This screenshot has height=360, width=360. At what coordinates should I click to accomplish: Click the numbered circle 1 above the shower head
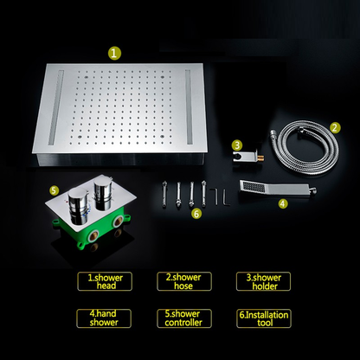[115, 53]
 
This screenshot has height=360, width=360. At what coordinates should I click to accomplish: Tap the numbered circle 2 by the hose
[334, 127]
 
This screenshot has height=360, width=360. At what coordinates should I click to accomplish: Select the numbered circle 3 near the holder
[236, 145]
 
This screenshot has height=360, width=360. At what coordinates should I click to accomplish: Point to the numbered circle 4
[282, 204]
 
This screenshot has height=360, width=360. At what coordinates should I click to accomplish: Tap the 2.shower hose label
[180, 280]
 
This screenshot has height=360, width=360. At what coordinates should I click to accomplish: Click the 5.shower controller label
[182, 318]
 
